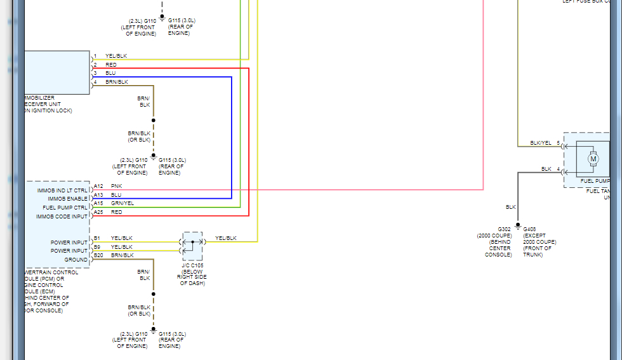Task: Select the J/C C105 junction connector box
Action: coord(192,246)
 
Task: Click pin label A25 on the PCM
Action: coord(98,212)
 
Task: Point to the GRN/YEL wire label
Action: coord(122,203)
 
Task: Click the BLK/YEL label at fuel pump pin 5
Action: coord(541,143)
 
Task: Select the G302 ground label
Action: coord(504,229)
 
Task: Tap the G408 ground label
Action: coord(530,229)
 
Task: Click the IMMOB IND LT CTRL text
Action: coord(62,190)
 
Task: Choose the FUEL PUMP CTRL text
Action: coord(65,208)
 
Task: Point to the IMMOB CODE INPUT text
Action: coord(62,217)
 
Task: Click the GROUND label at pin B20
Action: coord(76,260)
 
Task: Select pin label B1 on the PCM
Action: coord(97,238)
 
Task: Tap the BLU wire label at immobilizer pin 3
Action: coord(110,73)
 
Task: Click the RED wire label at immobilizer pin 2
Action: coord(110,65)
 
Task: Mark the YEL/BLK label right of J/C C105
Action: coord(226,238)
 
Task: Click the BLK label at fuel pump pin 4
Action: coord(546,169)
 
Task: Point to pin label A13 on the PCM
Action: coord(98,195)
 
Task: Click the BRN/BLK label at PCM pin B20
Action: coord(122,255)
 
